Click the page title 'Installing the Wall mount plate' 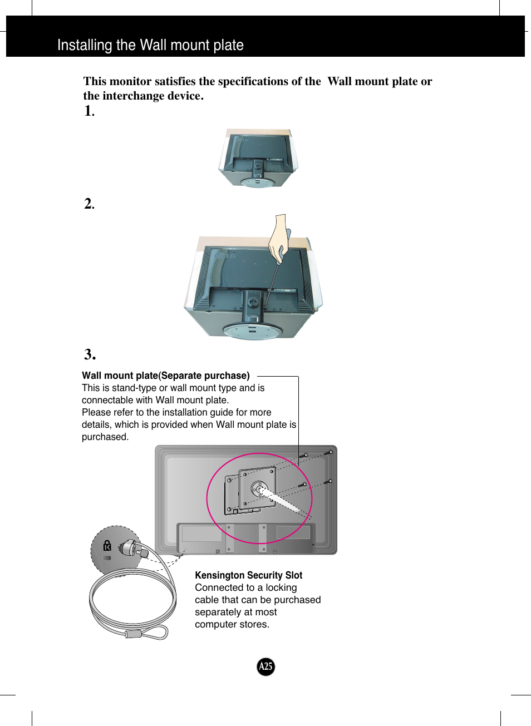150,45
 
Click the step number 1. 89,111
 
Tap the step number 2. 89,204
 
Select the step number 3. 90,354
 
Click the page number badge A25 265,666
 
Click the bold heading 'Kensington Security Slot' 248,575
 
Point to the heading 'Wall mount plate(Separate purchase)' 165,376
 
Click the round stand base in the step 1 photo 257,181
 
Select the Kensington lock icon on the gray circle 107,546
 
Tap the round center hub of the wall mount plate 258,489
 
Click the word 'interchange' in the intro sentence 134,96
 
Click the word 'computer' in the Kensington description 215,624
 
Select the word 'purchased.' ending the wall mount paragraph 105,437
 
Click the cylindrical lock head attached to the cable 130,548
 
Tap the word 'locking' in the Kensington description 281,587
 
